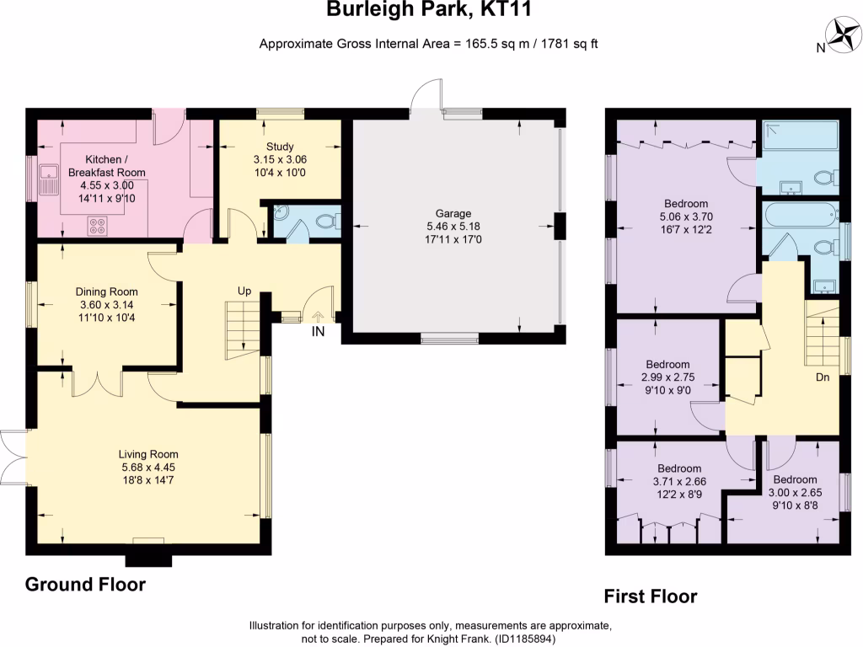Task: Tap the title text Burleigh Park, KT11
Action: (429, 11)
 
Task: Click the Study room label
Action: (279, 147)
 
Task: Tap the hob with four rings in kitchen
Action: (98, 226)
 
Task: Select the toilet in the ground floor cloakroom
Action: (324, 222)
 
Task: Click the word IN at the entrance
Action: (318, 332)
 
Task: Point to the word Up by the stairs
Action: (244, 291)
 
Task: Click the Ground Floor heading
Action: (85, 585)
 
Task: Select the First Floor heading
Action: (651, 596)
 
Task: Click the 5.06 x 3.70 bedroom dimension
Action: (686, 217)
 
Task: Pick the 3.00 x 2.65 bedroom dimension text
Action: (795, 492)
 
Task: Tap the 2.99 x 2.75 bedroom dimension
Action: (667, 377)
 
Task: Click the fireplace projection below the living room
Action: (149, 560)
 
